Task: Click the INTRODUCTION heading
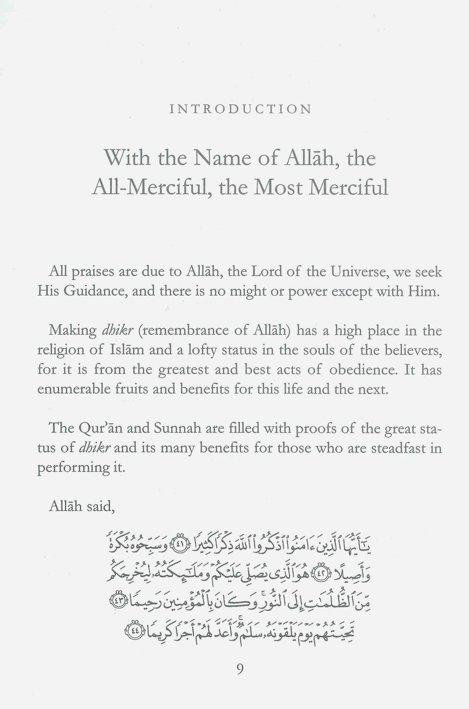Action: (x=240, y=110)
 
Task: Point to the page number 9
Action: (x=239, y=670)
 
